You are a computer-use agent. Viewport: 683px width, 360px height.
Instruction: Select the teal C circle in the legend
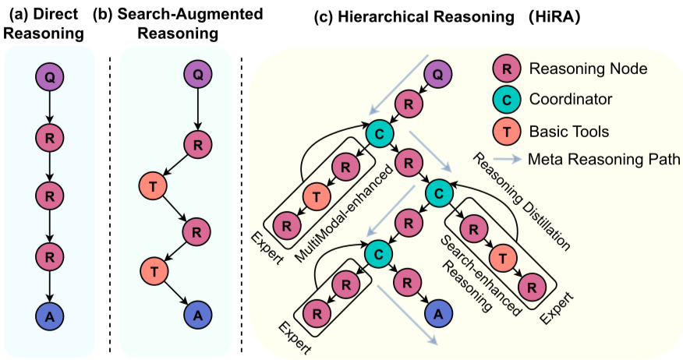click(x=507, y=100)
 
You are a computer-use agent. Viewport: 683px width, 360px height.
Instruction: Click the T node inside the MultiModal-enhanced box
click(x=316, y=197)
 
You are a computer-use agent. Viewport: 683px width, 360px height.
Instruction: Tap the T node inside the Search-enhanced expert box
click(x=504, y=257)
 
